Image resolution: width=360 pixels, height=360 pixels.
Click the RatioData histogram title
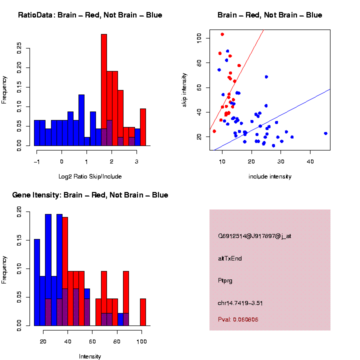(90, 15)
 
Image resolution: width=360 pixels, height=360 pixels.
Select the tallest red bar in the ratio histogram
(104, 90)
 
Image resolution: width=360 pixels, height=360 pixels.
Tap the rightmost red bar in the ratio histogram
(143, 127)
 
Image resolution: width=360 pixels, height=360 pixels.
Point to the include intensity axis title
(270, 176)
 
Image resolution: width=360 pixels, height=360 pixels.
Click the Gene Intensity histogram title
(90, 195)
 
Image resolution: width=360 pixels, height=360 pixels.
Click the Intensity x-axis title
(90, 356)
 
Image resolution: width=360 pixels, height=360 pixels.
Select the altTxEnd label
(230, 258)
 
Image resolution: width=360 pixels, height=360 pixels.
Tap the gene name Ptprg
(225, 281)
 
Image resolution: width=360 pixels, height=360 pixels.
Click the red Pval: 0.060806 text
(238, 319)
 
